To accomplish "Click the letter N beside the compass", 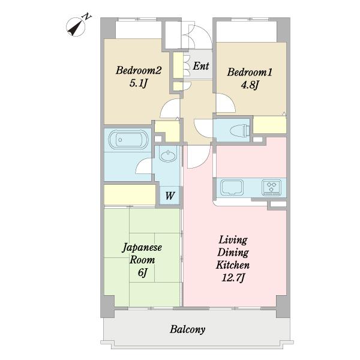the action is (87, 17).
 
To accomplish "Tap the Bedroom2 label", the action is (139, 70).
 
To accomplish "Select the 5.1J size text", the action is (138, 83).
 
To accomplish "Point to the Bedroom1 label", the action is (250, 72).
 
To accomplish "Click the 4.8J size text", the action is (250, 85).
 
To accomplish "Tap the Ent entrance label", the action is (200, 66).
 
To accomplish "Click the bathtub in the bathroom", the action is (128, 139).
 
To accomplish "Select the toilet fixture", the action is (239, 130).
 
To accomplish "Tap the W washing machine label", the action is (170, 196).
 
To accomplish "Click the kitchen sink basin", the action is (232, 188).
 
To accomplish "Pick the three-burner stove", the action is (272, 187).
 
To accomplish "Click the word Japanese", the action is (142, 248).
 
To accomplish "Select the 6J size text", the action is (142, 272).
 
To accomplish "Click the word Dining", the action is (233, 253).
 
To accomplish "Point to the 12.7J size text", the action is (233, 278).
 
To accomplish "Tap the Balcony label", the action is (187, 329).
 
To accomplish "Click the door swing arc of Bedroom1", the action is (230, 101).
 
